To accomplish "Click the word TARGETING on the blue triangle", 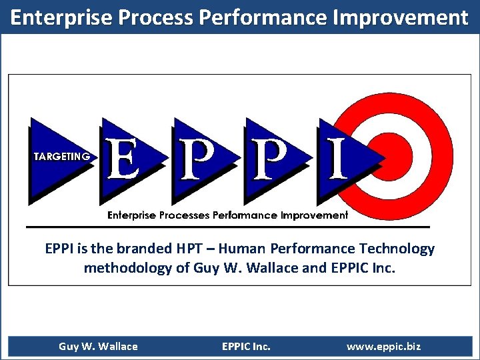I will pos(61,157).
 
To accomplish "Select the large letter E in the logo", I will pos(123,159).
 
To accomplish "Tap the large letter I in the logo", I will pos(337,159).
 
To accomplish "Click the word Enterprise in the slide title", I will pos(63,17).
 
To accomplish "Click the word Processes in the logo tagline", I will pos(185,215).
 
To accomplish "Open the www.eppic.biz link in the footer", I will pos(383,347).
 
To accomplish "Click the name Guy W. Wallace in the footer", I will pos(98,347).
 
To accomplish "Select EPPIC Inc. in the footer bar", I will pos(246,347).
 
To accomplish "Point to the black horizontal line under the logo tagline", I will pos(227,226).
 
